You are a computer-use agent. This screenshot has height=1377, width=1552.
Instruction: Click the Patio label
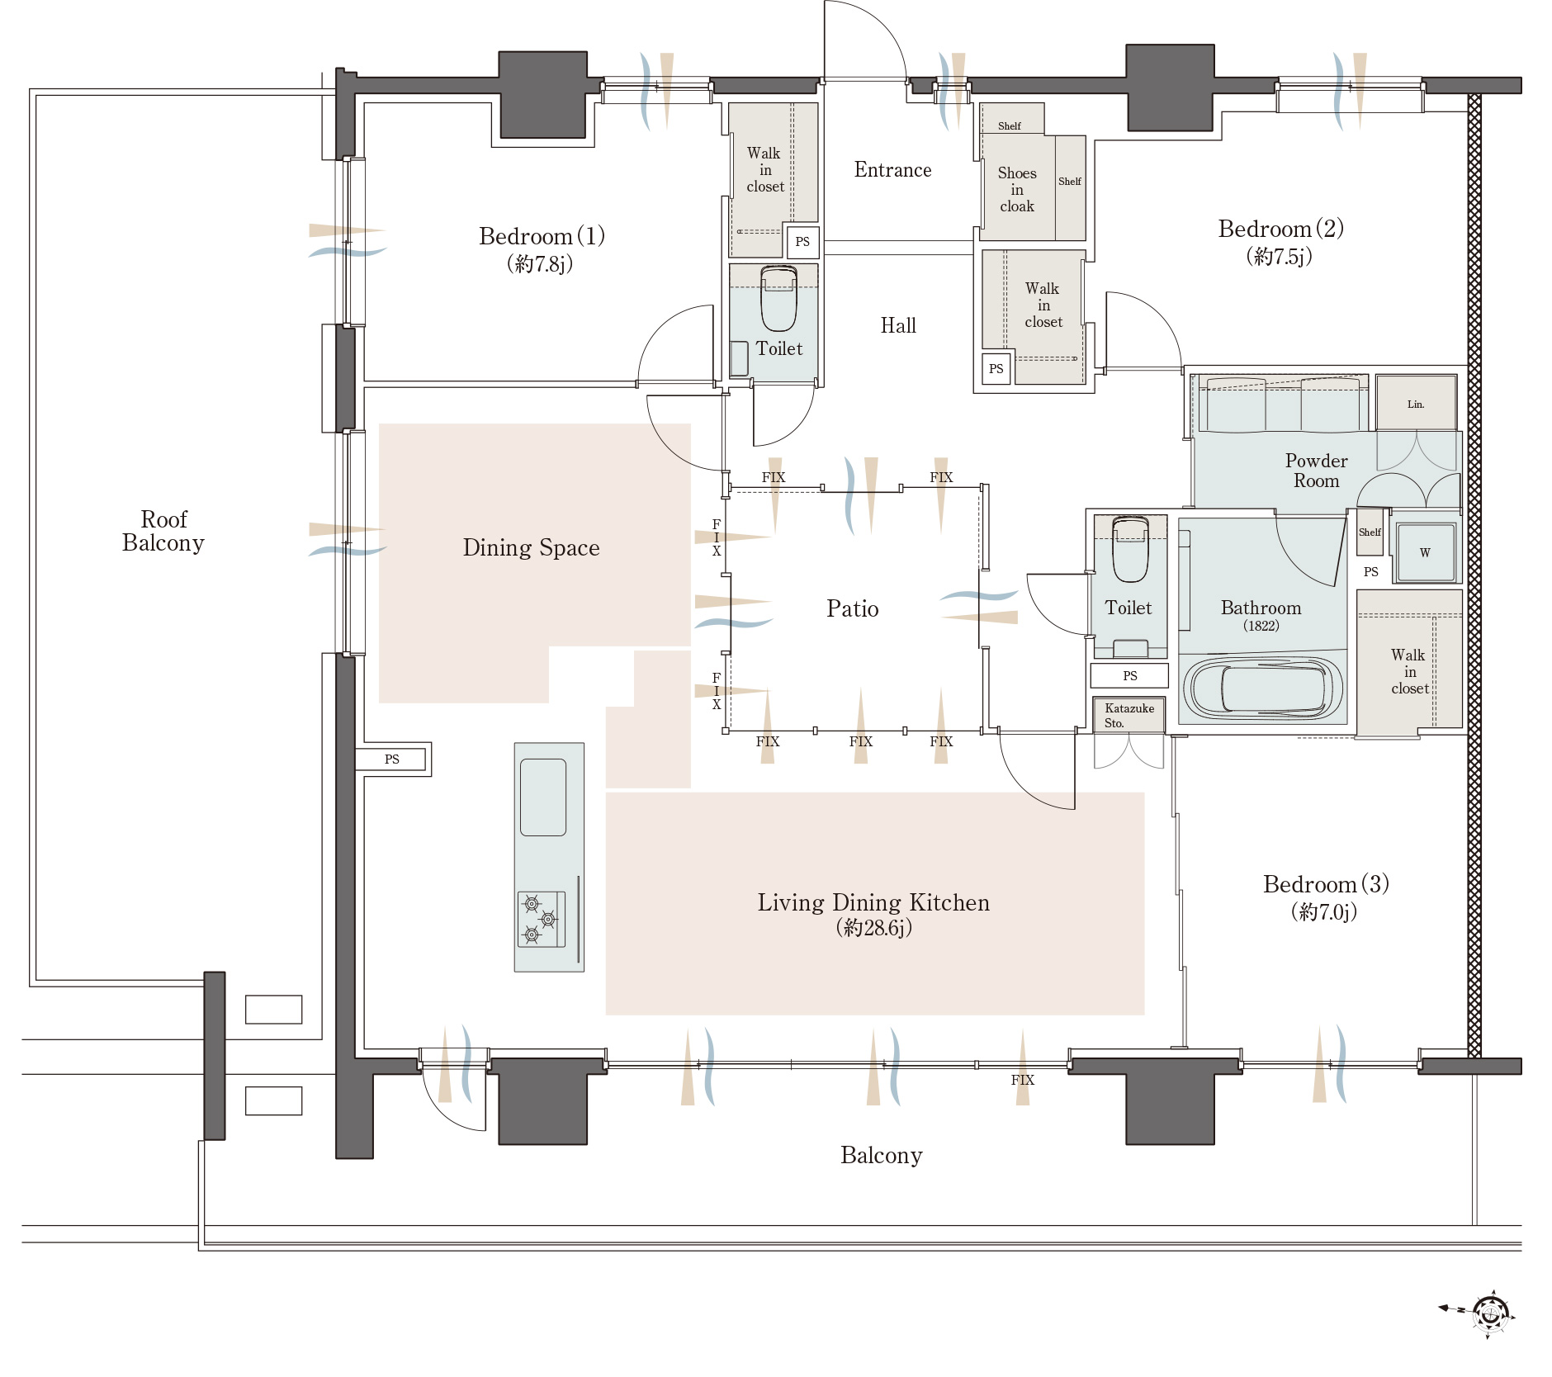[852, 608]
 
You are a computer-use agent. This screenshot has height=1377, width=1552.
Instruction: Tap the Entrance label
[892, 170]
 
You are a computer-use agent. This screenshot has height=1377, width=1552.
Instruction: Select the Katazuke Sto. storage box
[1129, 715]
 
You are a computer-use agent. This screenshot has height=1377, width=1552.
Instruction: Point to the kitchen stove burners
[541, 918]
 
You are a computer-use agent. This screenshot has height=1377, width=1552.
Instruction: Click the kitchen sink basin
[543, 797]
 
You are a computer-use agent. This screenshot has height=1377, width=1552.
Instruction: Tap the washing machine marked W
[1425, 553]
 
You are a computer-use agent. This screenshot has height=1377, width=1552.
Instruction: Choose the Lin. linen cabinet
[1416, 403]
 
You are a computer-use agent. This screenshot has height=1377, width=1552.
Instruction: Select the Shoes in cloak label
[1017, 190]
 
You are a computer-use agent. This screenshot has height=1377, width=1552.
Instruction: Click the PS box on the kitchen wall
[392, 759]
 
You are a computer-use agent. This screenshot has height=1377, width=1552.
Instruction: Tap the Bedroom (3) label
[1326, 884]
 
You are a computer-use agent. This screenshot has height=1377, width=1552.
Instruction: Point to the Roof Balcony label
[163, 531]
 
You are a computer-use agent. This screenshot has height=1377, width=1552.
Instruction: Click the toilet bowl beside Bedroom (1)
[778, 298]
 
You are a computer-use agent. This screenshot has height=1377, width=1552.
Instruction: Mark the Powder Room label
[1316, 471]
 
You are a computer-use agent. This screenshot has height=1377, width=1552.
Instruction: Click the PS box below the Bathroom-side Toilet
[1129, 675]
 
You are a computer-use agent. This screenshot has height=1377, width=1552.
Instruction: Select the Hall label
[898, 326]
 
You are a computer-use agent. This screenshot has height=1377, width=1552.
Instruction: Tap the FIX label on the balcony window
[1022, 1080]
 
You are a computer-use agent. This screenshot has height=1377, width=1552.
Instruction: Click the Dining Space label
[531, 548]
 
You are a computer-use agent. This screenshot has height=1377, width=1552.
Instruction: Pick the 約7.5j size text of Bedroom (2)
[1279, 257]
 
